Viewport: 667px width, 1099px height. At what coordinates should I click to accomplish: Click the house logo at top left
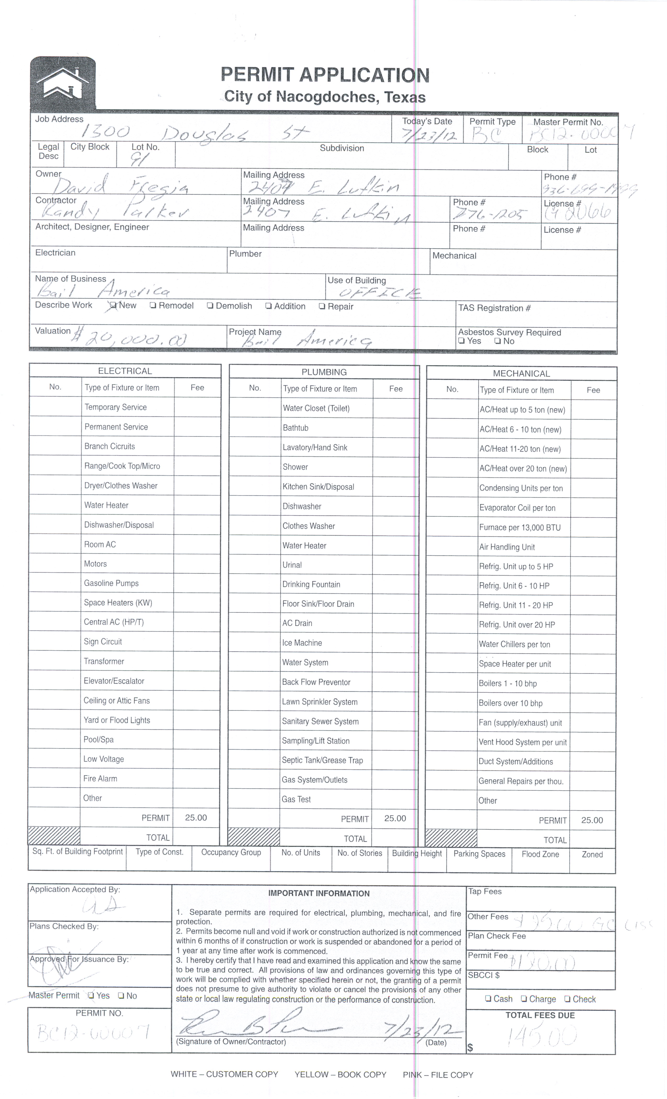tap(63, 83)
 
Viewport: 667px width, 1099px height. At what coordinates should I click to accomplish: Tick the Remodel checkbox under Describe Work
tap(153, 306)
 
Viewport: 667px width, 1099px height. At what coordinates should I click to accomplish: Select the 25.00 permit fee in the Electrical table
tap(196, 817)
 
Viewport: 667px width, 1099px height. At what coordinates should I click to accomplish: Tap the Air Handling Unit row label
tap(507, 547)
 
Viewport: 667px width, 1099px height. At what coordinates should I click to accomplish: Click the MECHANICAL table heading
tap(521, 373)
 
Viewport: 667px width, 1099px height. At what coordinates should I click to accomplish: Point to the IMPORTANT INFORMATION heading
tap(319, 893)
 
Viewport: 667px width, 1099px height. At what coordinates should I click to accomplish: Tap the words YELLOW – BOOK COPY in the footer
tap(340, 1074)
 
